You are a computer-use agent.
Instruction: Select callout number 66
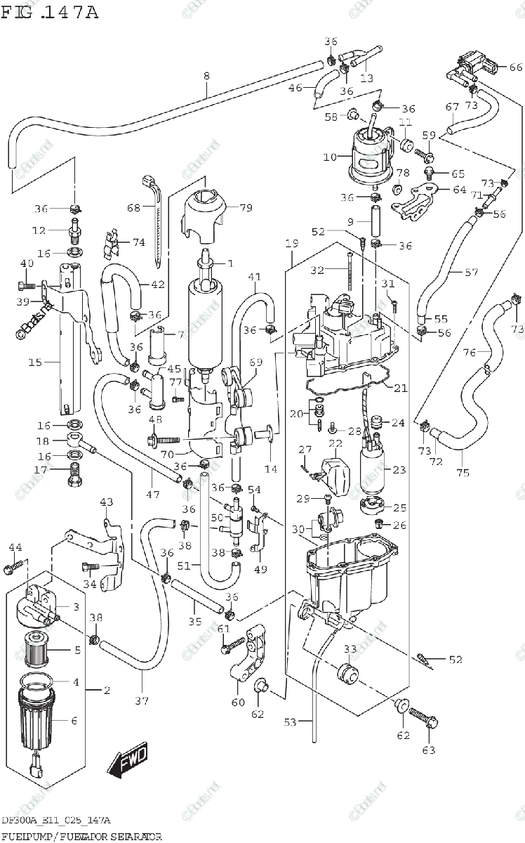coord(516,67)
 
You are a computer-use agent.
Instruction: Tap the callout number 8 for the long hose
coord(206,75)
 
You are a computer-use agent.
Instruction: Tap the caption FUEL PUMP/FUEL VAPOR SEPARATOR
coord(81,836)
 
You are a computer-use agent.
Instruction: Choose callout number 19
coord(292,244)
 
